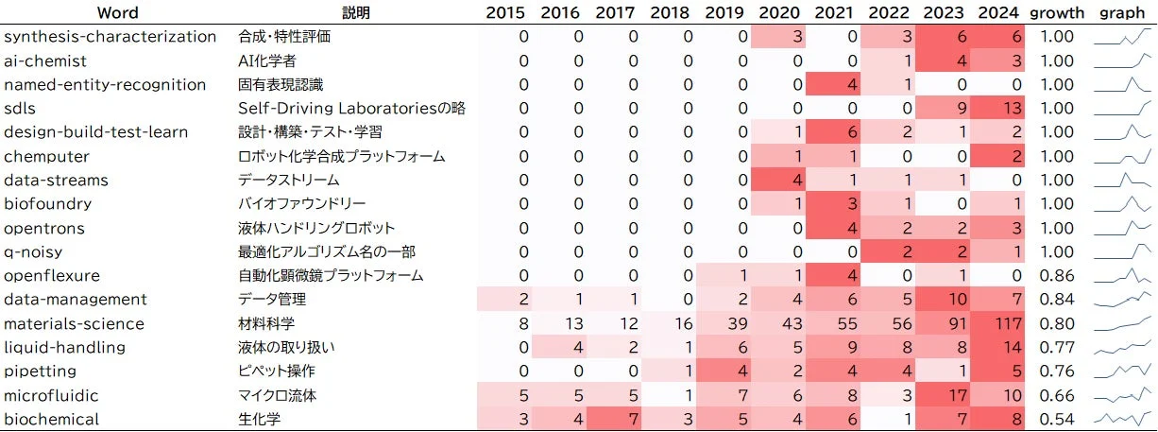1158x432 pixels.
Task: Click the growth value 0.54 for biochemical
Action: (x=1057, y=419)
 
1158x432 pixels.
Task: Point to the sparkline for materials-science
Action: (x=1123, y=323)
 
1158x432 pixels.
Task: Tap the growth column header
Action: (x=1057, y=12)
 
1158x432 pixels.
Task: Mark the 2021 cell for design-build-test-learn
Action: (x=832, y=132)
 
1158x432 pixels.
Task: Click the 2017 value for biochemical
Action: (x=614, y=419)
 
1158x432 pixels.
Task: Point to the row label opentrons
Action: (x=44, y=228)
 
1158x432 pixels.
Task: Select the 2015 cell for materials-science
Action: (x=505, y=323)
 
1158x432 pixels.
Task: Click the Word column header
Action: (x=118, y=12)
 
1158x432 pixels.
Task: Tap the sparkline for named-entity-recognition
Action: (x=1123, y=84)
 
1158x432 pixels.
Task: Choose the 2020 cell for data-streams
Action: (x=777, y=180)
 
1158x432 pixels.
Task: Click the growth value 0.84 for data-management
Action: (x=1057, y=300)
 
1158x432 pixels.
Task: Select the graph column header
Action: (x=1123, y=12)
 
